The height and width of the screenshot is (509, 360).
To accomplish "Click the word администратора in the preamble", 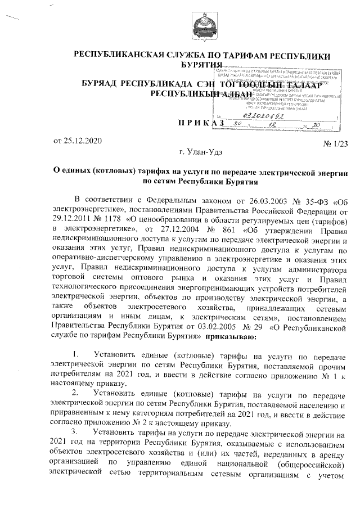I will coord(317,268).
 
